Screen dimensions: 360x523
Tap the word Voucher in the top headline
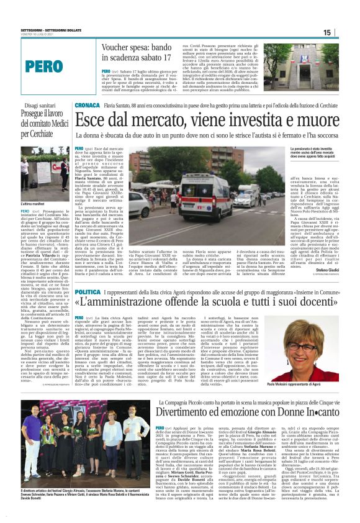(x=119, y=47)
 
